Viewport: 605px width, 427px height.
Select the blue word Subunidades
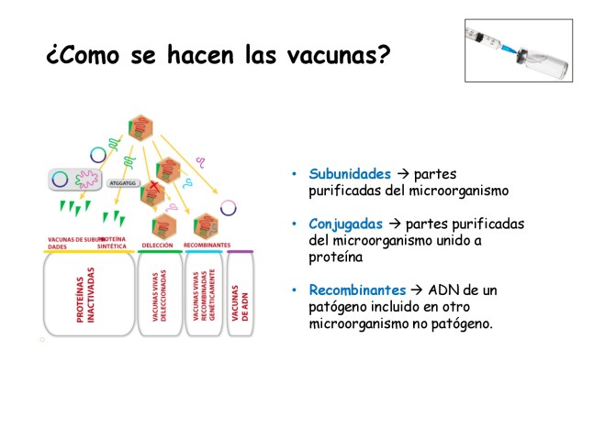coord(349,174)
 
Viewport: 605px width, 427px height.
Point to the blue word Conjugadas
coord(347,224)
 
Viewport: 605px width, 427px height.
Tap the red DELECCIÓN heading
coord(158,246)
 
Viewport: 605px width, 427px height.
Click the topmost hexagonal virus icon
coord(140,127)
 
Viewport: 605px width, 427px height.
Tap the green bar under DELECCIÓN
coord(159,252)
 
